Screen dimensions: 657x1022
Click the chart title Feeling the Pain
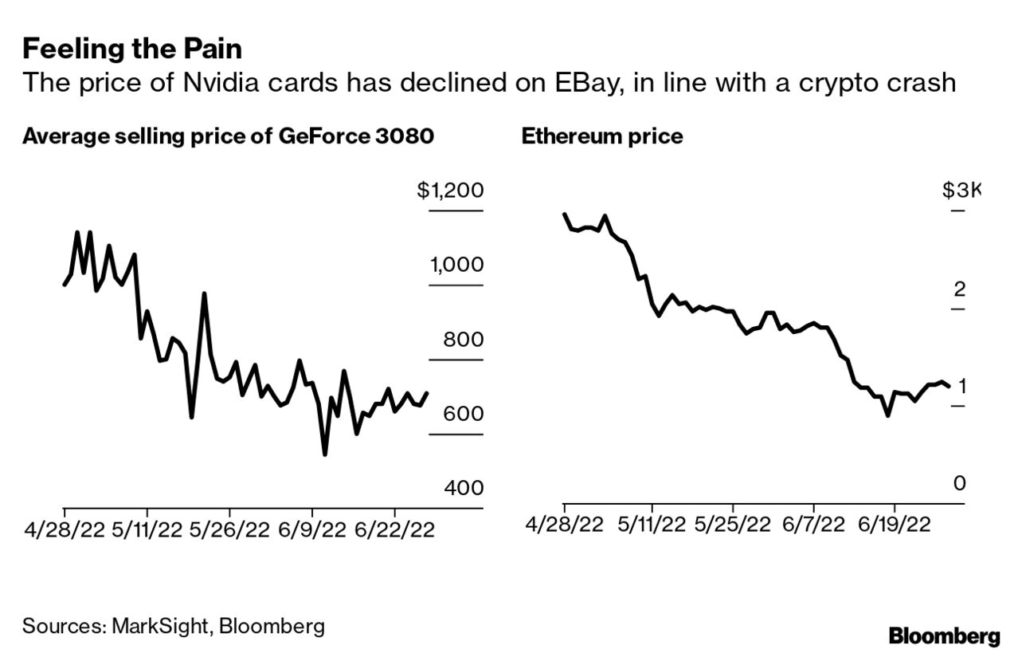[132, 49]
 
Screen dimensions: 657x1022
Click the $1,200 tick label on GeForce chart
[449, 191]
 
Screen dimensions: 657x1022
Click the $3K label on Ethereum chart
[961, 191]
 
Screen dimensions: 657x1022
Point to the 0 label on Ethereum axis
[959, 483]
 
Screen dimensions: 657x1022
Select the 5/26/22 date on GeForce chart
[229, 530]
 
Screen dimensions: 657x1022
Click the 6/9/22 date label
[312, 530]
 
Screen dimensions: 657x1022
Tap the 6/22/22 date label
[394, 530]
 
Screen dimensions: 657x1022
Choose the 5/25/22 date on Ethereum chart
[732, 525]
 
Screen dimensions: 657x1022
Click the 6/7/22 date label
[814, 525]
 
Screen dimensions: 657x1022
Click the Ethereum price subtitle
[601, 136]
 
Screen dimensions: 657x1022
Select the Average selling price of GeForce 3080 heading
[228, 136]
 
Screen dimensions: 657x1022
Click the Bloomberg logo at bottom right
[944, 636]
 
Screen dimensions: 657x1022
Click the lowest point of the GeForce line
[324, 454]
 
